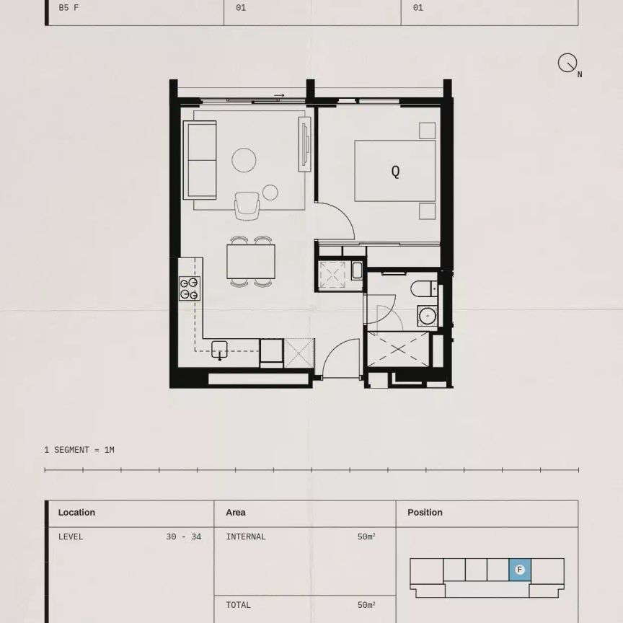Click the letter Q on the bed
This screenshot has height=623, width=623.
(x=395, y=172)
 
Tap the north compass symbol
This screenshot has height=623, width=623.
(x=567, y=63)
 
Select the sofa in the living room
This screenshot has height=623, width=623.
(x=201, y=159)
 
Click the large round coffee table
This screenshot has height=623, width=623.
(x=244, y=160)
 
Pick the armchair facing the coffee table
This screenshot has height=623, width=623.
(x=247, y=205)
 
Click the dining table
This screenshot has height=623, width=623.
(x=251, y=262)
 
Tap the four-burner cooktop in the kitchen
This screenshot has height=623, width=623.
(x=190, y=288)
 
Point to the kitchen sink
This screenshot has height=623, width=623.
(x=220, y=349)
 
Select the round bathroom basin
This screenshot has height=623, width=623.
(x=426, y=316)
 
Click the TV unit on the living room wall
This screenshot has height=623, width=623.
(x=305, y=145)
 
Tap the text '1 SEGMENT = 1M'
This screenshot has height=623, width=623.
(x=79, y=450)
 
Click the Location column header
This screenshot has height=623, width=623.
(x=76, y=513)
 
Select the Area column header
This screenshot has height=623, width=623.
(x=236, y=513)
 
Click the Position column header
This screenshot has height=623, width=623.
(x=425, y=513)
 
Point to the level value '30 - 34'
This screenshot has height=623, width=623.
(x=183, y=536)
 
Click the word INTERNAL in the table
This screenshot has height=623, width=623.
(x=246, y=536)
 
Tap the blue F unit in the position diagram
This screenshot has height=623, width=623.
(x=519, y=570)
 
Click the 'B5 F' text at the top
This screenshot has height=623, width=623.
(x=69, y=8)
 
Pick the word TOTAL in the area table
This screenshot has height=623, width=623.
(x=239, y=605)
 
